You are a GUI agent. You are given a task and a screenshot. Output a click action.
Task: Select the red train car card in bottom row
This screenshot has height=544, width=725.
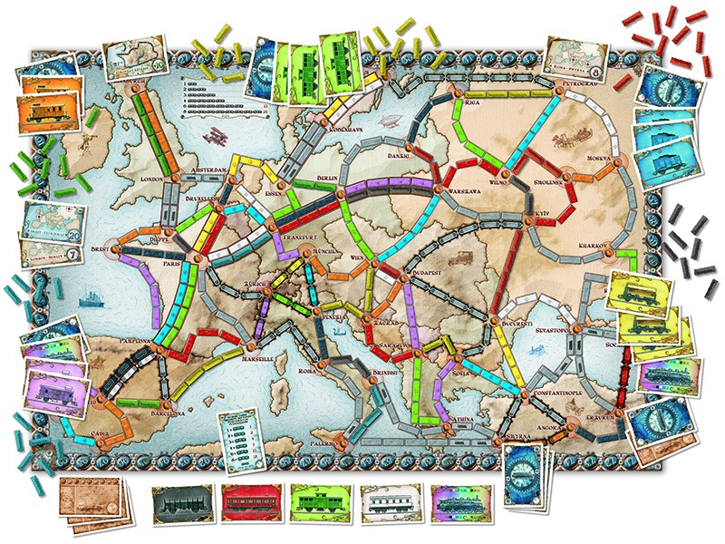tap(247, 503)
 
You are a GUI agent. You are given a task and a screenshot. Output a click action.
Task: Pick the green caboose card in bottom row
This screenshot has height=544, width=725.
tap(317, 503)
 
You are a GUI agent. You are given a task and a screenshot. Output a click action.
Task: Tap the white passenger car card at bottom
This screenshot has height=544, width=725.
tap(388, 503)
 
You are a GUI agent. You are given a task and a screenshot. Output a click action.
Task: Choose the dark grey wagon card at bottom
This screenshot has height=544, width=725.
tap(178, 503)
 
